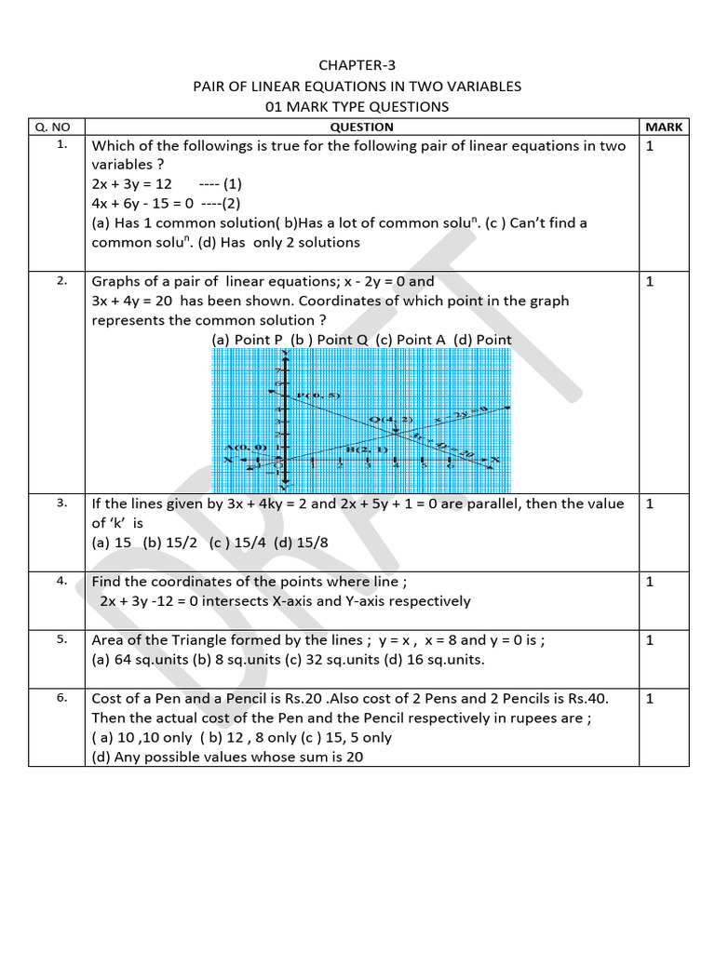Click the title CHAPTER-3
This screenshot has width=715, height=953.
coord(357,65)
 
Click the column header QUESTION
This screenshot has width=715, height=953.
coord(361,127)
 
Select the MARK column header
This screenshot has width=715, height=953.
coord(664,127)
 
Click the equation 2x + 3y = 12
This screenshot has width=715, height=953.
coord(132,184)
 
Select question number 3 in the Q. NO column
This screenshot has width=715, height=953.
coord(61,503)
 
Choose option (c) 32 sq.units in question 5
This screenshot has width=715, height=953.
coord(329,660)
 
